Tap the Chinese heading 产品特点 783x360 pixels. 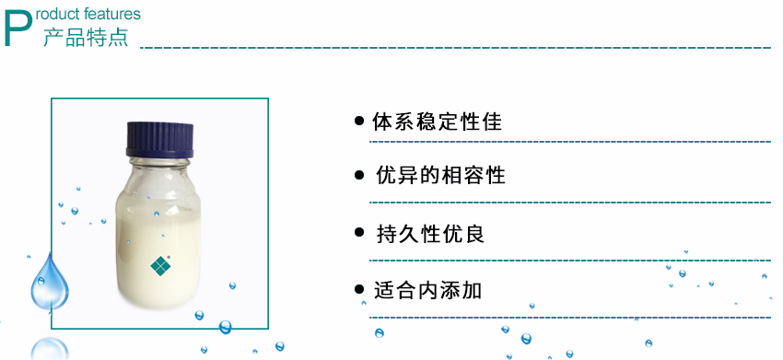[86, 38]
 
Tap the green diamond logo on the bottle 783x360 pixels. [161, 264]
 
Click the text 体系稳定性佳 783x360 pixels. [438, 122]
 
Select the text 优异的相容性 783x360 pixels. [441, 175]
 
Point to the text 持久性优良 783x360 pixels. [430, 234]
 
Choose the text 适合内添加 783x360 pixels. [428, 290]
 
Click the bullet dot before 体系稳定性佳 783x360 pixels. [359, 122]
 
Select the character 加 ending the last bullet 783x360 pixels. [472, 290]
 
